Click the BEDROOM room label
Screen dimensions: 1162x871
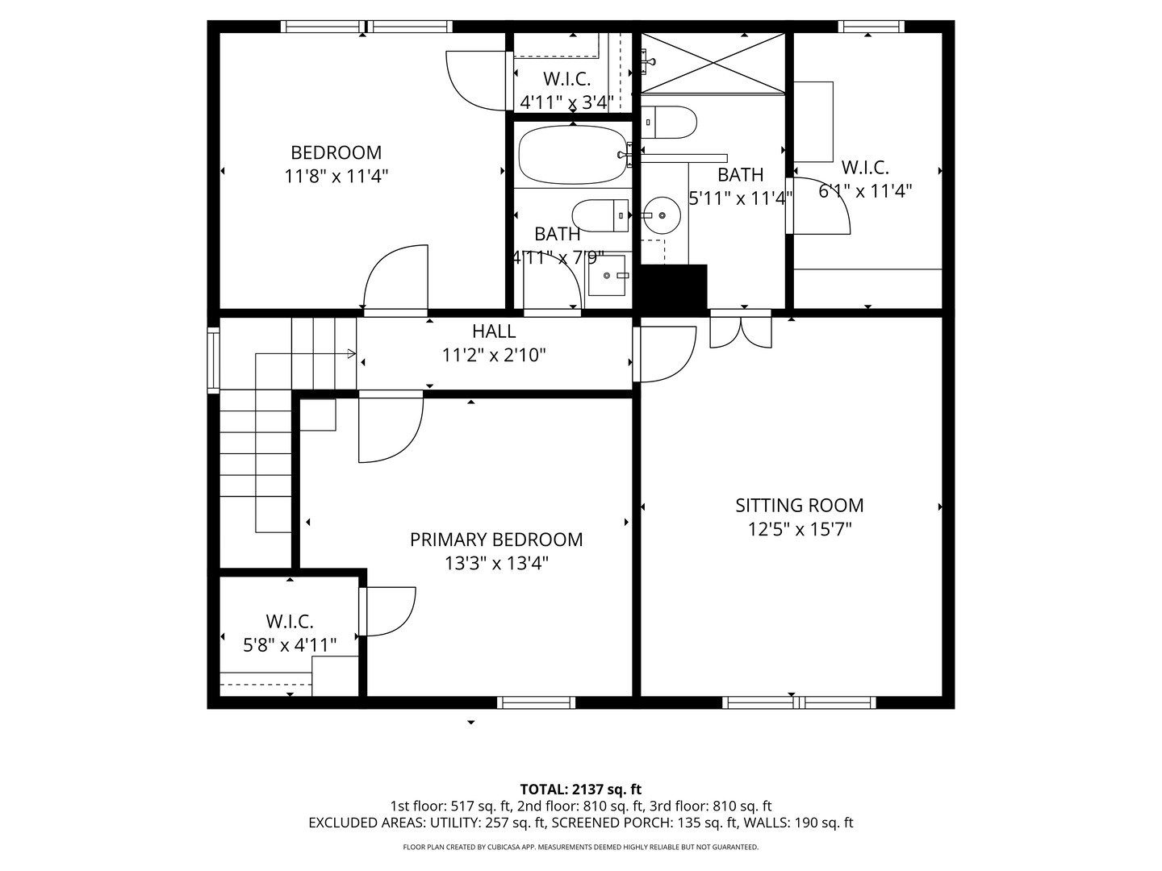(x=336, y=152)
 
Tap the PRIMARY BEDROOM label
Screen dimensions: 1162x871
(x=496, y=540)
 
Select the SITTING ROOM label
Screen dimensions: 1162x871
(x=800, y=506)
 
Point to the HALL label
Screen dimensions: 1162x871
(x=494, y=331)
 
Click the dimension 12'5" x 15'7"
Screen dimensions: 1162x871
(x=800, y=529)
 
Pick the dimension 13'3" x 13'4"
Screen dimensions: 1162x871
(x=496, y=563)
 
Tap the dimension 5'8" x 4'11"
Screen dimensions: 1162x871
(x=290, y=644)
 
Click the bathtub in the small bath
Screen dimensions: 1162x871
(x=572, y=154)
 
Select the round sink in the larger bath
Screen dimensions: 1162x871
(x=661, y=215)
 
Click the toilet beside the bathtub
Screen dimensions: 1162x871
(x=600, y=215)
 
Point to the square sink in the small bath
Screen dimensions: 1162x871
(x=607, y=276)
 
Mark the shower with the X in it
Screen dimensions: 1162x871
(x=713, y=63)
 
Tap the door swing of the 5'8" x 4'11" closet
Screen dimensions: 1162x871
(x=391, y=611)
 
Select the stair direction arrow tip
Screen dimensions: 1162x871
(x=355, y=354)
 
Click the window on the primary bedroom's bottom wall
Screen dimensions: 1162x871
(x=536, y=702)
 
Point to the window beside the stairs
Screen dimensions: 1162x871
(x=213, y=360)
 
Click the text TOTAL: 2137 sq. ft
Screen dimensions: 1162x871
(x=581, y=790)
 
